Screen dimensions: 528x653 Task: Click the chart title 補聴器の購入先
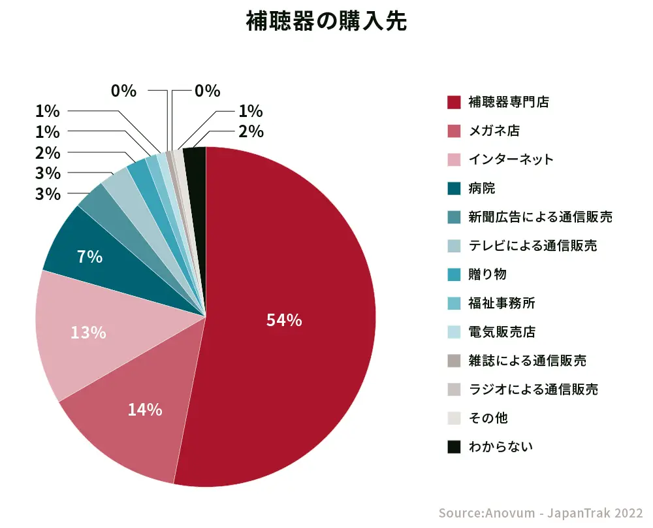coord(326,22)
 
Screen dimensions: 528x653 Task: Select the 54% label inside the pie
coord(284,320)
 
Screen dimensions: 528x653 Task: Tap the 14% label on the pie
coord(145,410)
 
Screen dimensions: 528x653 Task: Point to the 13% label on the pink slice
coord(88,333)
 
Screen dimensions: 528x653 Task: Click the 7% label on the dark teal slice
coord(89,257)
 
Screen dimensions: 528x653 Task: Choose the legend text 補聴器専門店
coord(509,102)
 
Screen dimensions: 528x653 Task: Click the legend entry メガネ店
coord(494,131)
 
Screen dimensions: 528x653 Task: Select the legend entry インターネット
coord(511,159)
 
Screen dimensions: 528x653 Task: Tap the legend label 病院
coord(482,188)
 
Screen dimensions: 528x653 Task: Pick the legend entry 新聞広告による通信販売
coord(541,217)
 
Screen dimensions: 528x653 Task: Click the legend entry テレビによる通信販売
coord(533,246)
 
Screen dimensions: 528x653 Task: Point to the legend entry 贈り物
coord(488,274)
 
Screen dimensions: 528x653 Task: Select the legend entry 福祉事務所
coord(502,303)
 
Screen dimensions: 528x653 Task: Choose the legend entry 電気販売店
coord(502,332)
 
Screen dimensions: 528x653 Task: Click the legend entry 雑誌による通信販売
coord(528,361)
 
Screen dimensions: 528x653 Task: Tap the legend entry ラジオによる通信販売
coord(534,389)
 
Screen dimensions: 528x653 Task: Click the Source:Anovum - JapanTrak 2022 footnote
coord(541,513)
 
